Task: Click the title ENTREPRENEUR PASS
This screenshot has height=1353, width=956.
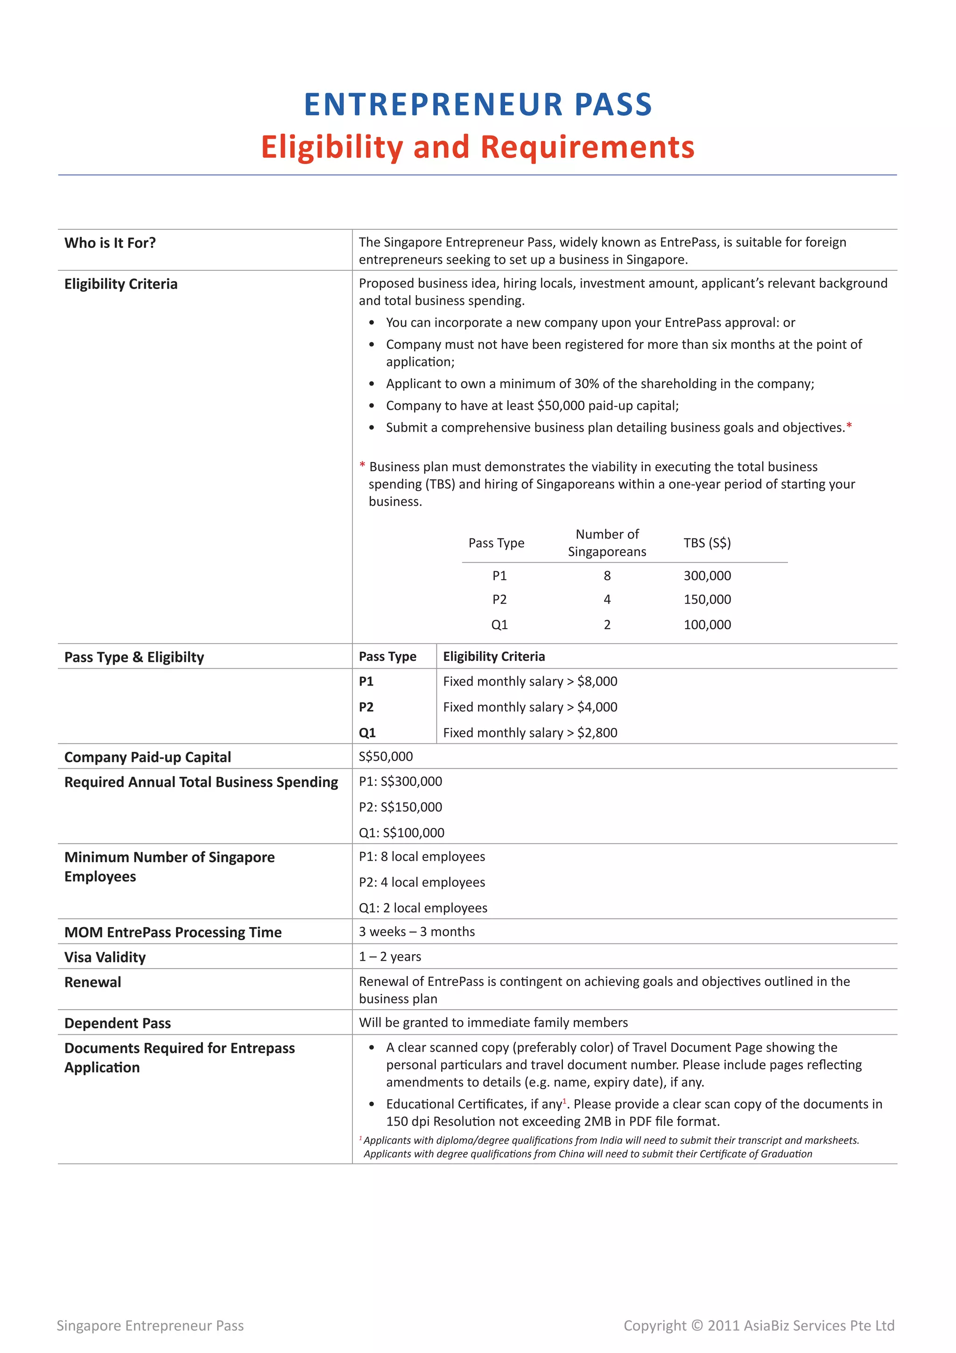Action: (478, 105)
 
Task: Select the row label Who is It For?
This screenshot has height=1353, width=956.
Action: (110, 243)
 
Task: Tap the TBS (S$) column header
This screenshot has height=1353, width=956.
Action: (707, 543)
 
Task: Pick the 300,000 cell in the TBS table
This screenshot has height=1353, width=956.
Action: (707, 576)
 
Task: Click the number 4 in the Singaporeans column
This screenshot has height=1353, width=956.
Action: (607, 599)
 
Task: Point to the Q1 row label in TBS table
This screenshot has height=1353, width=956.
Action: (499, 624)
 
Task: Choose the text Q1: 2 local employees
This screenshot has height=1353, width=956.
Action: (423, 907)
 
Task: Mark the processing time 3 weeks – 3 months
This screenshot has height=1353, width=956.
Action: (416, 932)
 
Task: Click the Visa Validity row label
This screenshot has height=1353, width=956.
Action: (105, 957)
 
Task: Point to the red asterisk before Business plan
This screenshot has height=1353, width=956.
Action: (362, 466)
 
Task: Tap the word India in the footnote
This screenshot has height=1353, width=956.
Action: (611, 1140)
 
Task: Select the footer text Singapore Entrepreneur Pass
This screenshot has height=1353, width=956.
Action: (150, 1325)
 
